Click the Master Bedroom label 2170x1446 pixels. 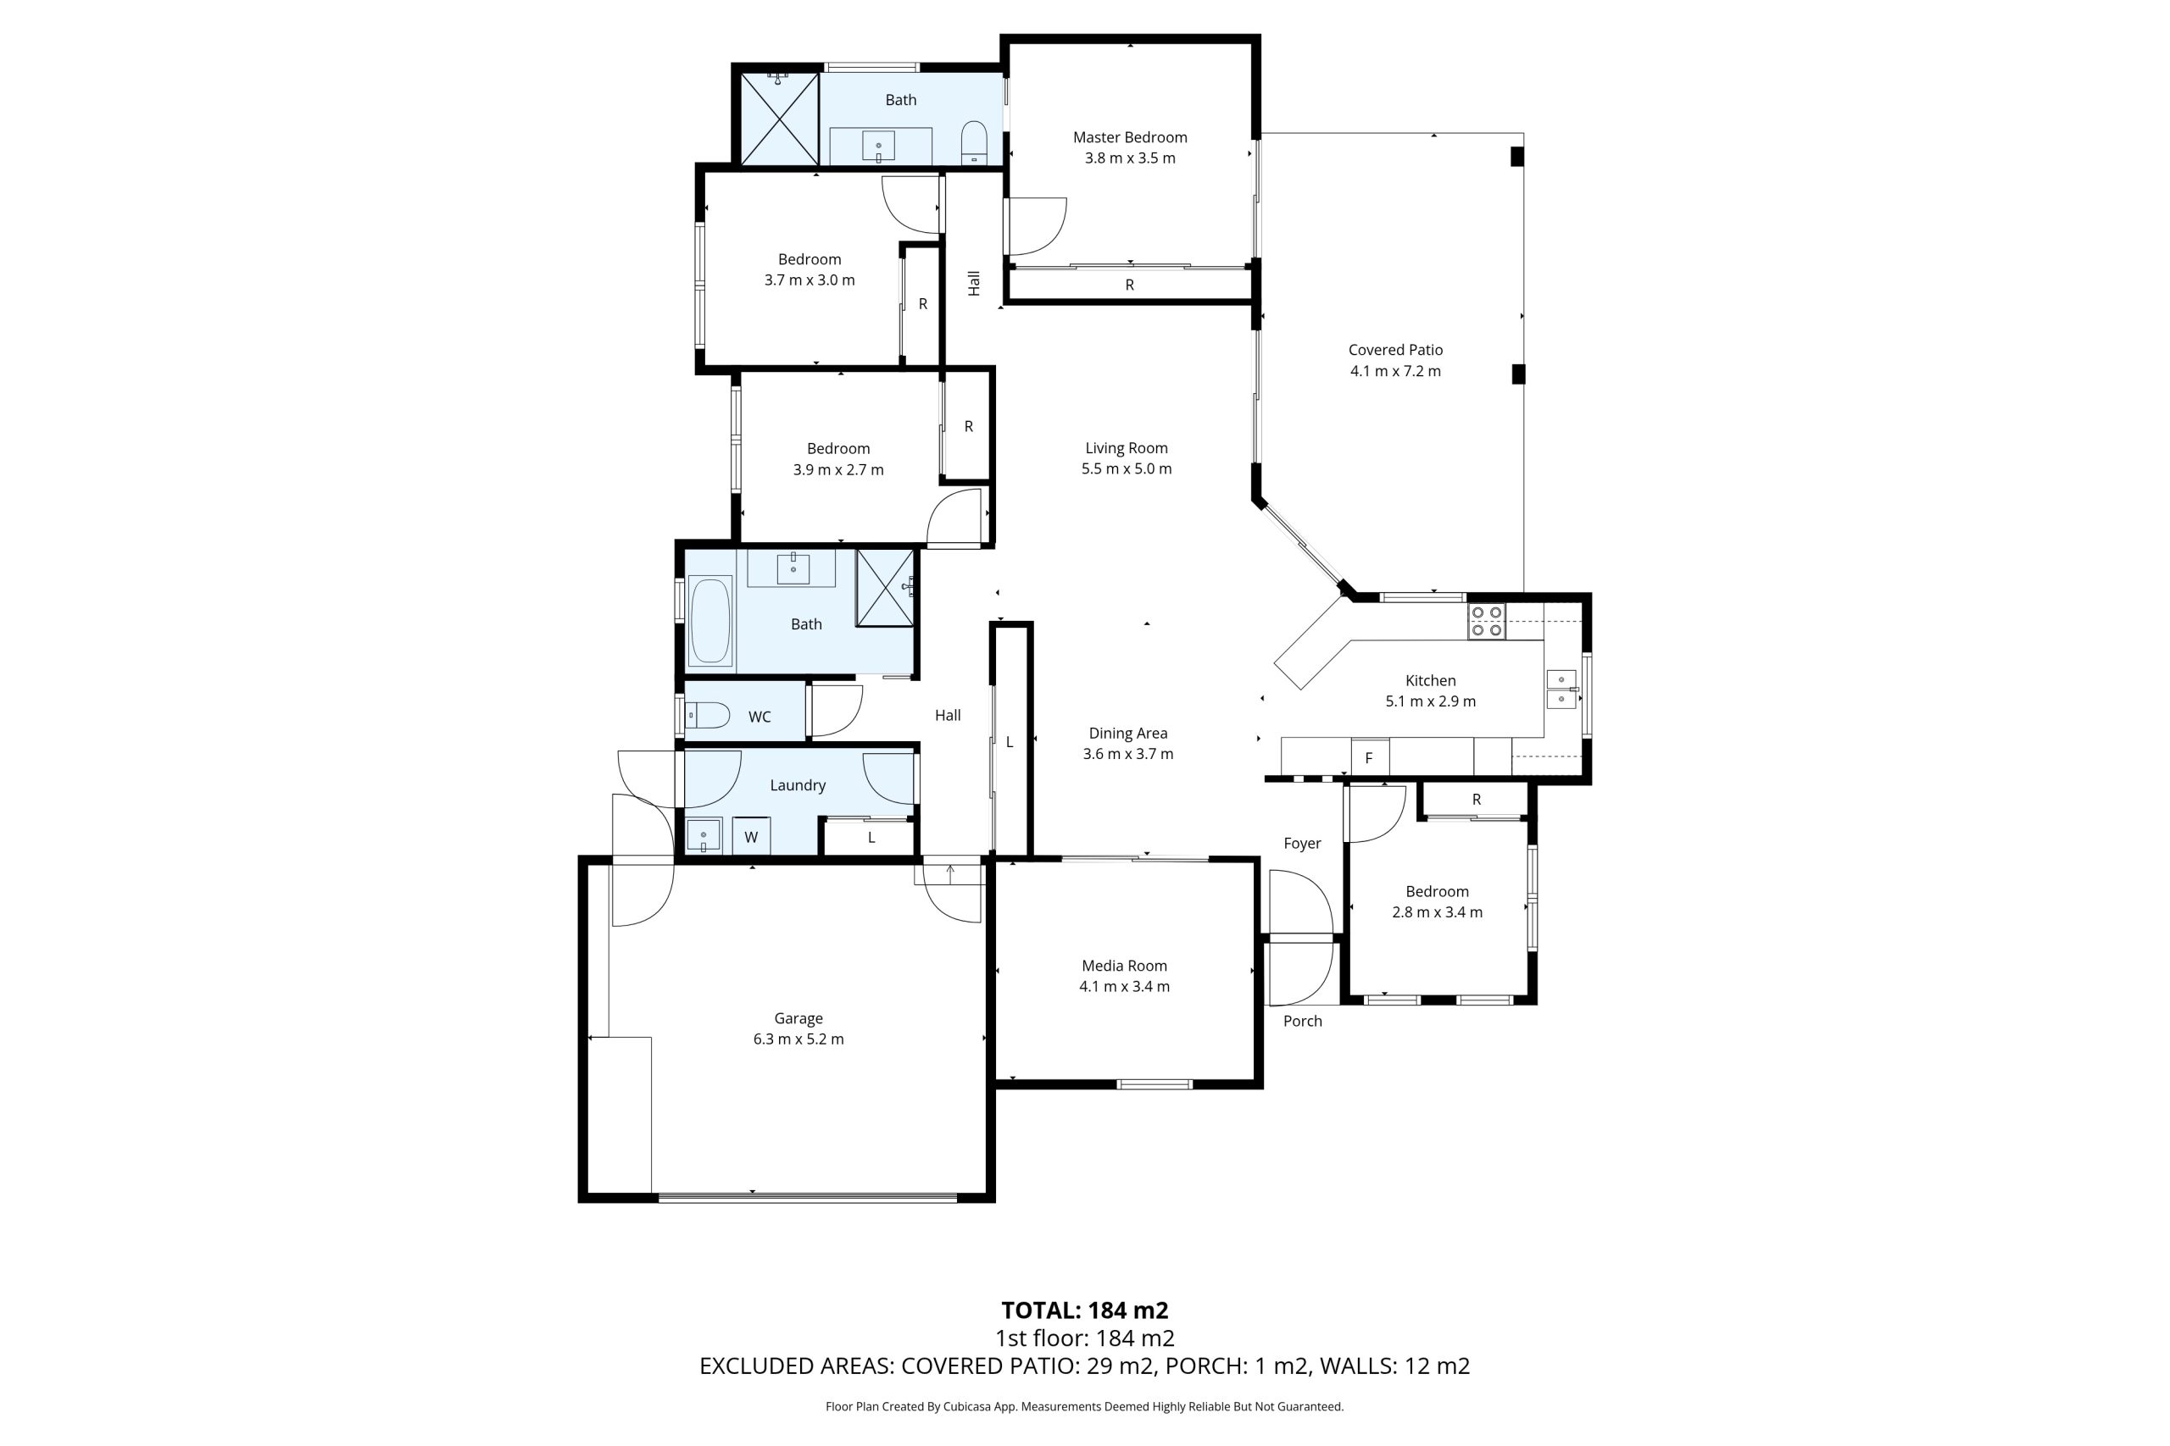[1129, 137]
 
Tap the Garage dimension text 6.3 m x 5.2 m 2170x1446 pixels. [798, 1039]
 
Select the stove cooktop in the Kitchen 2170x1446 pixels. [1486, 621]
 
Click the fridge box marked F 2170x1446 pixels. [1370, 756]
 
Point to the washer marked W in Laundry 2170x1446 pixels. [751, 836]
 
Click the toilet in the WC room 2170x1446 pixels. [707, 715]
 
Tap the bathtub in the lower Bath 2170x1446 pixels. [710, 620]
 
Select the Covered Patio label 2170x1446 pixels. [1395, 350]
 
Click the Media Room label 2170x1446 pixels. [1124, 966]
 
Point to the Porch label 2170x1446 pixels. [1302, 1021]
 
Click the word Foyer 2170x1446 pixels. [1302, 843]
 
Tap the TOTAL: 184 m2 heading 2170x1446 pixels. [1085, 1310]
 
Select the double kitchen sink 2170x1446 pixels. [1561, 690]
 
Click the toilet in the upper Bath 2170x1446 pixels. [973, 144]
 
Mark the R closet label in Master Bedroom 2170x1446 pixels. [1129, 285]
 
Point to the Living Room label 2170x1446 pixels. [1126, 448]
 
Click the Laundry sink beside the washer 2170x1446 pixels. [703, 835]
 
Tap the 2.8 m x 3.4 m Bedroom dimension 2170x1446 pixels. [1437, 912]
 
